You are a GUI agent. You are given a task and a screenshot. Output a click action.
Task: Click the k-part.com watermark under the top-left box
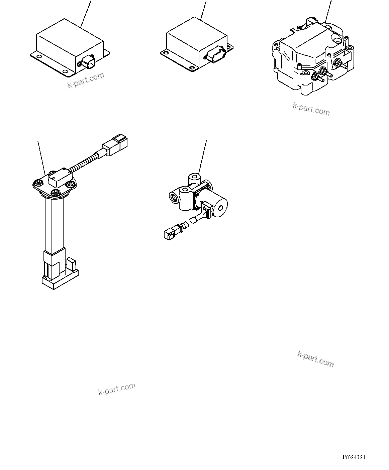point(86,80)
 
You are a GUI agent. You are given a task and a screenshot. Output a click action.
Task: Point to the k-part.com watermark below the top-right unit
point(311,109)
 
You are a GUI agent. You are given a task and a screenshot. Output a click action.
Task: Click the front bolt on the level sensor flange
point(56,193)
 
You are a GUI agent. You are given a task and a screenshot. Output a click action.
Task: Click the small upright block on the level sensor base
point(72,263)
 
